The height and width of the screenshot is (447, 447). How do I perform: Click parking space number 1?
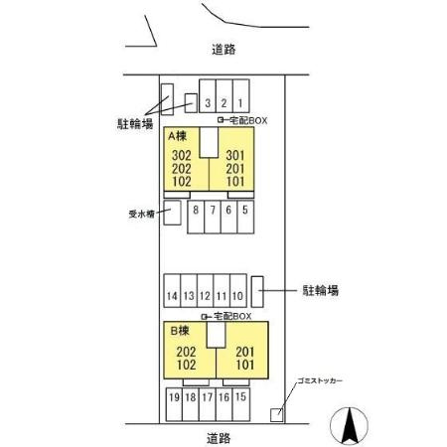click(x=241, y=96)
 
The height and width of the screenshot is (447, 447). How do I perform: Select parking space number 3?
click(x=208, y=96)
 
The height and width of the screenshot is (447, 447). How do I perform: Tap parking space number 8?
click(x=196, y=217)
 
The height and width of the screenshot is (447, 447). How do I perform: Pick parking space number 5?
click(x=245, y=217)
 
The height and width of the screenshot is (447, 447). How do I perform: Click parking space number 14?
click(x=172, y=291)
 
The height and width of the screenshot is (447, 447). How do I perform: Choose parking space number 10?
click(x=238, y=291)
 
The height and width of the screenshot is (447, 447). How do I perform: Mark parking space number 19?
click(x=174, y=404)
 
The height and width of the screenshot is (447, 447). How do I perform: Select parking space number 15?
click(x=241, y=404)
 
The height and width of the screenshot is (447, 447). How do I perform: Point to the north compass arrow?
click(x=349, y=426)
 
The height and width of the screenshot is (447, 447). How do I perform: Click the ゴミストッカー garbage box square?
click(x=276, y=415)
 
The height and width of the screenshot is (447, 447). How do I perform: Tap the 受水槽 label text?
click(x=141, y=214)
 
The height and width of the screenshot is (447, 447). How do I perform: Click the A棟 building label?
click(x=177, y=136)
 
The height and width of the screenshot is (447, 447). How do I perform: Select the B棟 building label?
click(x=180, y=331)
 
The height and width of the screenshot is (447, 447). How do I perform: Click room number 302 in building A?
click(x=182, y=155)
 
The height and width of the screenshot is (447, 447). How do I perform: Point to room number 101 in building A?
click(x=235, y=182)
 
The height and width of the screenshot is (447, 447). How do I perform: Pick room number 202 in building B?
click(x=186, y=352)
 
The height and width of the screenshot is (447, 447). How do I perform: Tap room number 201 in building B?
click(x=245, y=352)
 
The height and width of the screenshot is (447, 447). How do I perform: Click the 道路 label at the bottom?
click(x=219, y=438)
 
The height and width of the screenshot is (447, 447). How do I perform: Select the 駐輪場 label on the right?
click(x=321, y=290)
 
